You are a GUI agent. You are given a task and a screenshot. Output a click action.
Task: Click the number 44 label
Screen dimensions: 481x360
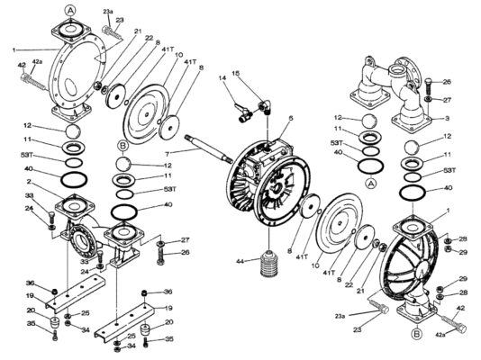point(240,261)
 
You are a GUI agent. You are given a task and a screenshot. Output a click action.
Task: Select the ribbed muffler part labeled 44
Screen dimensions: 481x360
point(269,263)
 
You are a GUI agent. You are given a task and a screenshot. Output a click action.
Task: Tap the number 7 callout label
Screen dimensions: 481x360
point(168,153)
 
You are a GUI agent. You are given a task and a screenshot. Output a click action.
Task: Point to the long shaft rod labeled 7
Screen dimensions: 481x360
point(208,148)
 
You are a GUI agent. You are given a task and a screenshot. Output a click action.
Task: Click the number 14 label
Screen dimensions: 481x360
point(222,78)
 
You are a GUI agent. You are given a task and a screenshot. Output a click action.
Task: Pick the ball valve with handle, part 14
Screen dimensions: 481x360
point(243,112)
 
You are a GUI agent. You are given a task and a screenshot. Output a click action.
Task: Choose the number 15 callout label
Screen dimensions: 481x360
point(236,73)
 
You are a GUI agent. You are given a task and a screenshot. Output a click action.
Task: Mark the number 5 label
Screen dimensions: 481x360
point(291,118)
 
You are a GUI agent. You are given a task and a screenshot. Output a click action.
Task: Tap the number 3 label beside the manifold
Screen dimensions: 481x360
point(448,118)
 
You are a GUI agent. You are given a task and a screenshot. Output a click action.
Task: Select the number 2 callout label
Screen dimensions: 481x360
point(29,182)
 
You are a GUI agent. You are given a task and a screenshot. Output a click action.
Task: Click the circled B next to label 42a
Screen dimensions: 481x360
point(416,334)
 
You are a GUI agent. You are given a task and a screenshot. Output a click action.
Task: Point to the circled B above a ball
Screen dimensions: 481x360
point(123,146)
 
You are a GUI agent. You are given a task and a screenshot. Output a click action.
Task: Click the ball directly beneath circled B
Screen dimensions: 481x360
point(123,164)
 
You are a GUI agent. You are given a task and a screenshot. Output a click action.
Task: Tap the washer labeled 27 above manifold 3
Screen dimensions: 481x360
point(429,99)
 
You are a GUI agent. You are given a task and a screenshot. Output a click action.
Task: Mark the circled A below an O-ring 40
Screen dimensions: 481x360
point(371,184)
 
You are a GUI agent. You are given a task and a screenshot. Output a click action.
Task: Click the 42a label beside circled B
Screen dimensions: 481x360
point(440,335)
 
